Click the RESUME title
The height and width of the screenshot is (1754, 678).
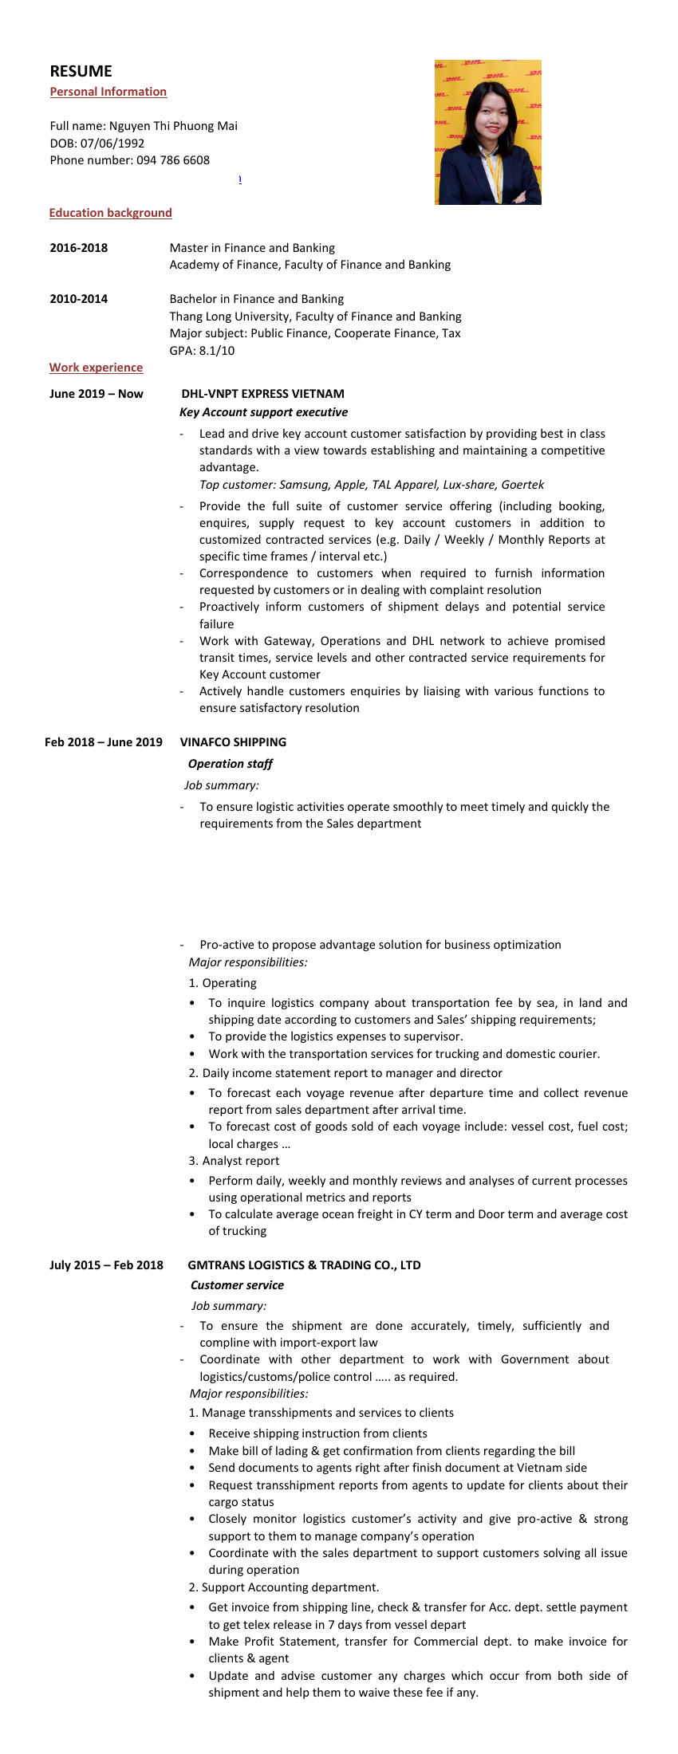pos(81,71)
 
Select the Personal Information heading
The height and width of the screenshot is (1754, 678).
pos(108,92)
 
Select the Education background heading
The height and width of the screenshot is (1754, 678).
pos(110,213)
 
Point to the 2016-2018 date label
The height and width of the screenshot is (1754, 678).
pos(78,248)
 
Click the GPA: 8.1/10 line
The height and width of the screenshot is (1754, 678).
pos(202,351)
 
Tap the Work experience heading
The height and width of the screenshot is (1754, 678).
pos(96,368)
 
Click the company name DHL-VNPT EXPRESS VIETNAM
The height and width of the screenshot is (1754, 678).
pos(262,394)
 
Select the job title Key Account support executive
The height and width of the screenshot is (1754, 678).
pos(263,412)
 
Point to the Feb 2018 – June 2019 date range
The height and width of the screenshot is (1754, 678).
pos(103,742)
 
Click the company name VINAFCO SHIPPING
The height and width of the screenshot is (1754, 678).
pos(233,742)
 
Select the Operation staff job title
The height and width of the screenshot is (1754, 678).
pos(230,764)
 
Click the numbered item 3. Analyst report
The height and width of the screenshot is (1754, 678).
pos(234,1161)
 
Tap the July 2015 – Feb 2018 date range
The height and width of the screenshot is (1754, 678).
pos(106,1265)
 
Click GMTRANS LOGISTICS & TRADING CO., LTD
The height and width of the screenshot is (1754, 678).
pos(304,1265)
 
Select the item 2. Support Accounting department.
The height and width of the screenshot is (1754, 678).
pos(283,1587)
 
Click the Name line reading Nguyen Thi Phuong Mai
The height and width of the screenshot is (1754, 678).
pos(173,126)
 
